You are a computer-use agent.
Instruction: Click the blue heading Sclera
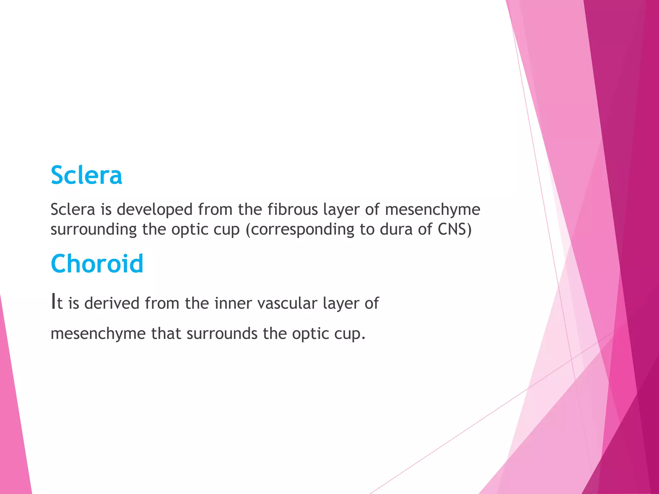tap(86, 175)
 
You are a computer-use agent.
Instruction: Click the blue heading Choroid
tap(97, 264)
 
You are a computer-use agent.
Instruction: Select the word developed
tap(154, 209)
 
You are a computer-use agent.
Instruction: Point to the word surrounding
tap(94, 230)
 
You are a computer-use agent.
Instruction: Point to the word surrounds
tap(222, 334)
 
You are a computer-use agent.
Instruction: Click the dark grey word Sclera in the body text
tap(73, 209)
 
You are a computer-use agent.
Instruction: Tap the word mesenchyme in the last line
tap(98, 334)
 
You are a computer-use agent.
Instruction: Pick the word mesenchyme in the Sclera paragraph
tap(432, 209)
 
